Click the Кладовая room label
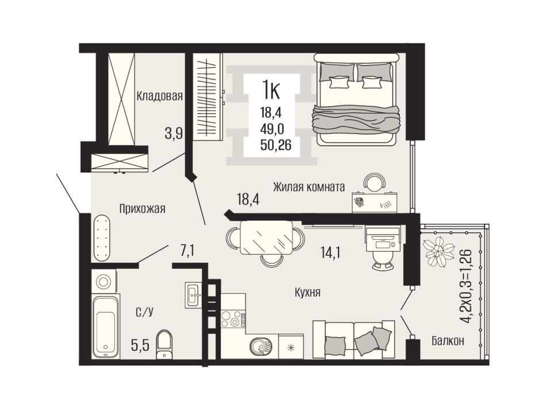(x=159, y=95)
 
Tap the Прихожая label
(x=142, y=209)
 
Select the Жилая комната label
(x=309, y=187)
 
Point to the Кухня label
(x=307, y=292)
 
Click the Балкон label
(x=448, y=340)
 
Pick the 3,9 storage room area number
(x=174, y=133)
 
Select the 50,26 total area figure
(x=276, y=145)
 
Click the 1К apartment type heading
(x=271, y=90)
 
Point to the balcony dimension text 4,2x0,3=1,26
(x=466, y=286)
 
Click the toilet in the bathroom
(x=164, y=344)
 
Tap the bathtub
(x=106, y=327)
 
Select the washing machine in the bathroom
(x=103, y=281)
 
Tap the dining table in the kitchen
(x=267, y=237)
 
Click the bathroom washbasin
(x=193, y=295)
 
